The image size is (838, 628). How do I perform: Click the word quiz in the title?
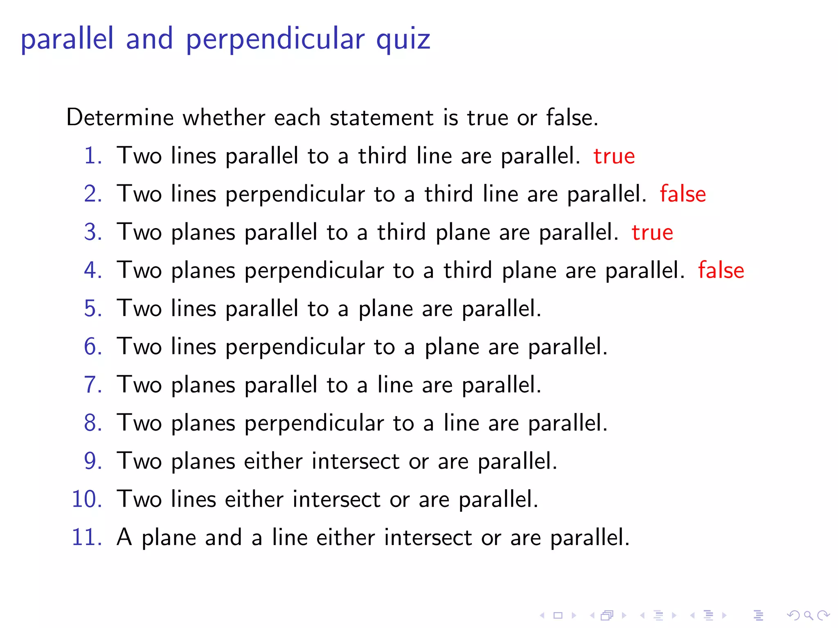(x=403, y=40)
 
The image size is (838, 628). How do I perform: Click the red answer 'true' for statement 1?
(x=614, y=157)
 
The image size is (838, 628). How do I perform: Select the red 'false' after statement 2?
(x=683, y=194)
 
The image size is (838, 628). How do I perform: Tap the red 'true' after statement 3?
(x=652, y=233)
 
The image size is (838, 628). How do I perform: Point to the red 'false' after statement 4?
(x=721, y=271)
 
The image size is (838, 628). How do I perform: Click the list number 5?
(x=93, y=309)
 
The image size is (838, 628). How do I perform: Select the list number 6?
(x=93, y=347)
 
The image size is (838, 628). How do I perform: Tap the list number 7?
(x=93, y=385)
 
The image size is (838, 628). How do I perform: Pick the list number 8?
(x=93, y=423)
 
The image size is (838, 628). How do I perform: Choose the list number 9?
(x=93, y=461)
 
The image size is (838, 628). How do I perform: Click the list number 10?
(x=87, y=499)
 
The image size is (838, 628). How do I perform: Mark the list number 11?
(x=87, y=537)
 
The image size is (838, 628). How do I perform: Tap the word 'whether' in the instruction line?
(x=224, y=118)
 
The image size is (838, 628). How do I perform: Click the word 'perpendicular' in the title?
(x=275, y=40)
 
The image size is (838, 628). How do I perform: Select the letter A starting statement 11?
(x=124, y=537)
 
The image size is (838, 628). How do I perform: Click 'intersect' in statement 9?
(x=356, y=461)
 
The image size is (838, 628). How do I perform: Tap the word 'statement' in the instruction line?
(x=382, y=118)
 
